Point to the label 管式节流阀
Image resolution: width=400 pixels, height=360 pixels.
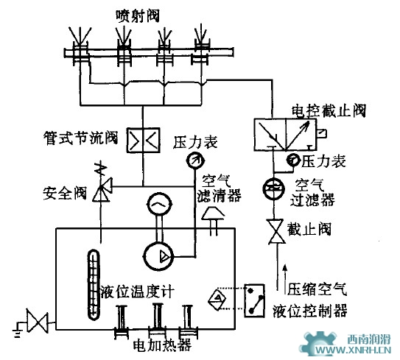click(x=80, y=137)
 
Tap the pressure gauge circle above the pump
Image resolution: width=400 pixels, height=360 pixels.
click(x=194, y=160)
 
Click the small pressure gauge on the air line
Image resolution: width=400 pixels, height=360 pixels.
click(x=293, y=160)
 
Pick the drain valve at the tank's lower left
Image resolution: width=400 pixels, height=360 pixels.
click(x=35, y=322)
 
